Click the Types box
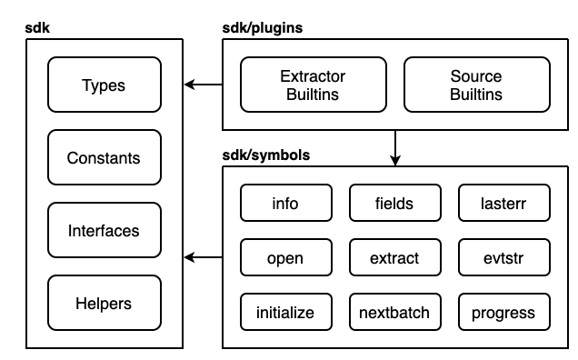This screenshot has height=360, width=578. pyautogui.click(x=103, y=85)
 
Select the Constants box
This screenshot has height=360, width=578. pyautogui.click(x=103, y=158)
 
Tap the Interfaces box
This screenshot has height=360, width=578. pyautogui.click(x=103, y=231)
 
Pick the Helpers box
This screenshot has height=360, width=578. pyautogui.click(x=103, y=304)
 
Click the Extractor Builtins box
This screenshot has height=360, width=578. pyautogui.click(x=313, y=85)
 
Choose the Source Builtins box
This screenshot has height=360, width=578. pyautogui.click(x=476, y=85)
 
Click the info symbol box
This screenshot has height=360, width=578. pyautogui.click(x=285, y=204)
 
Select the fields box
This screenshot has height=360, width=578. pyautogui.click(x=394, y=204)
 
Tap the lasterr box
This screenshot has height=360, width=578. pyautogui.click(x=503, y=204)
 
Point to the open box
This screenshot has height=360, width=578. pyautogui.click(x=285, y=258)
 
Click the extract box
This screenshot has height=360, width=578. pyautogui.click(x=394, y=258)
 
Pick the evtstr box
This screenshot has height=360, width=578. pyautogui.click(x=503, y=258)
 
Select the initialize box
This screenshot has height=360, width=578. pyautogui.click(x=285, y=313)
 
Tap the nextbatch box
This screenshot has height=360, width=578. pyautogui.click(x=394, y=313)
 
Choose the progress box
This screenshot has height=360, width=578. pyautogui.click(x=503, y=313)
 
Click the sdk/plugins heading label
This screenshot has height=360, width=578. pyautogui.click(x=263, y=28)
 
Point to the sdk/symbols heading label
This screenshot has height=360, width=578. pyautogui.click(x=266, y=155)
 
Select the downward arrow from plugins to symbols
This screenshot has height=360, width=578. pyautogui.click(x=394, y=148)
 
